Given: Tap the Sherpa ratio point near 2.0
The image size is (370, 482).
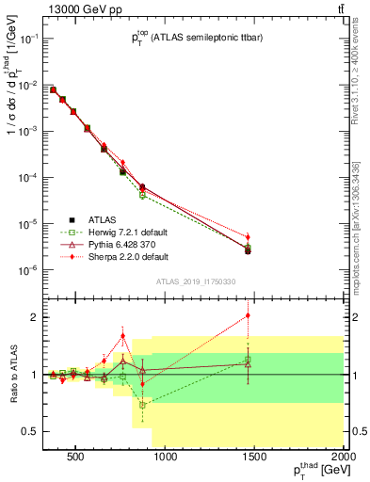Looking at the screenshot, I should tap(248, 316).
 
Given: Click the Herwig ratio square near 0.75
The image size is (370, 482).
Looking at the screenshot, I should tap(142, 405).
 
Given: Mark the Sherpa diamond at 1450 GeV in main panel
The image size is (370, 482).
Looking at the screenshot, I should tap(248, 237).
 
